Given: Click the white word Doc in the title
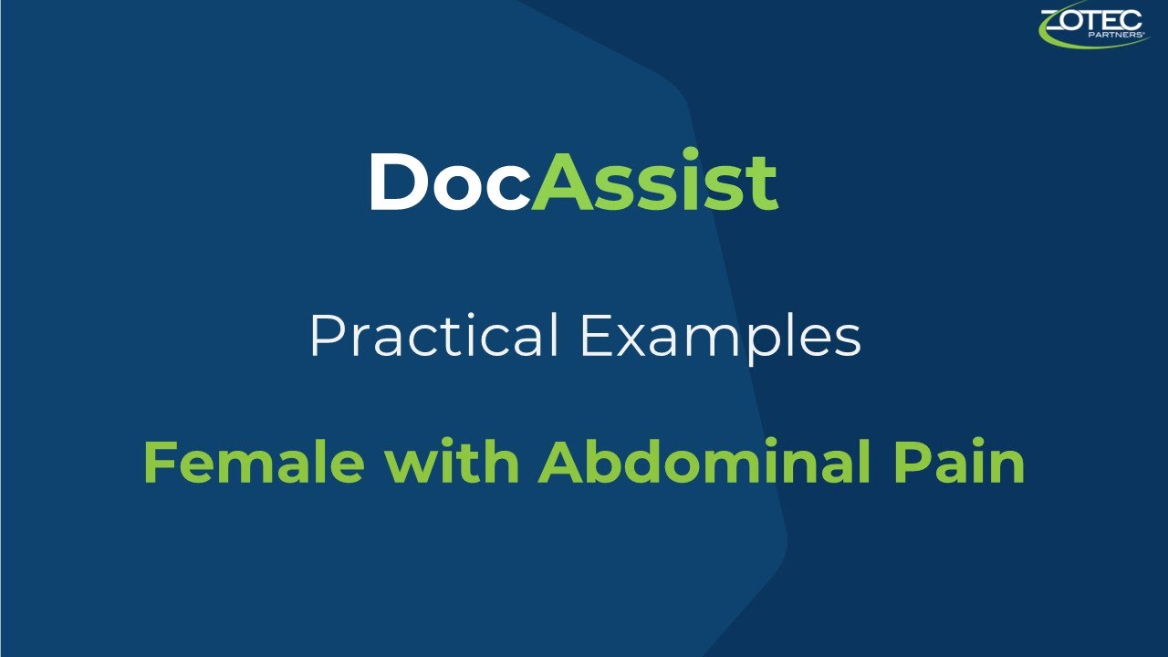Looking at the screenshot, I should (448, 182).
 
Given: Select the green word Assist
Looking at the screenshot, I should (653, 182).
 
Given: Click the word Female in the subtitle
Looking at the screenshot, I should (254, 464).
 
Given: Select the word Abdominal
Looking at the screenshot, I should (700, 464).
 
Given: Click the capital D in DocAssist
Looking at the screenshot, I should (397, 182).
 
